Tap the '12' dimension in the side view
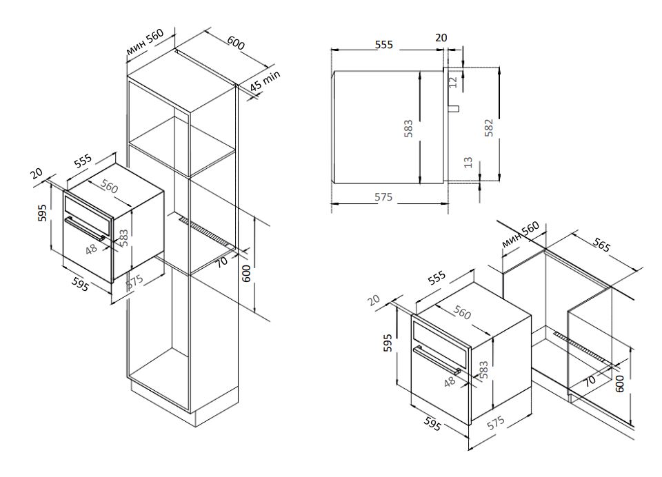pos(453,81)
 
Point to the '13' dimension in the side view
pos(468,162)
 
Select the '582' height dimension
pos(488,128)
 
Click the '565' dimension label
pos(601,245)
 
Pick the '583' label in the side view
pos(408,129)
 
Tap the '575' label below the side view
pos(383,196)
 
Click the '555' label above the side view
pos(384,44)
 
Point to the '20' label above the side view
pos(441,38)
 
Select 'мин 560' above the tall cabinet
pos(145,42)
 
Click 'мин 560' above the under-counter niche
pos(520,234)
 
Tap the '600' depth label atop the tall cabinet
pos(236,43)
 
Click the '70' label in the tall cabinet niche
pos(222,261)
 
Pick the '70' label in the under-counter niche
pos(590,380)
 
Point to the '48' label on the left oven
pos(91,249)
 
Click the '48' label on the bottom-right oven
pos(450,381)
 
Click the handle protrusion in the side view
pos(454,108)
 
